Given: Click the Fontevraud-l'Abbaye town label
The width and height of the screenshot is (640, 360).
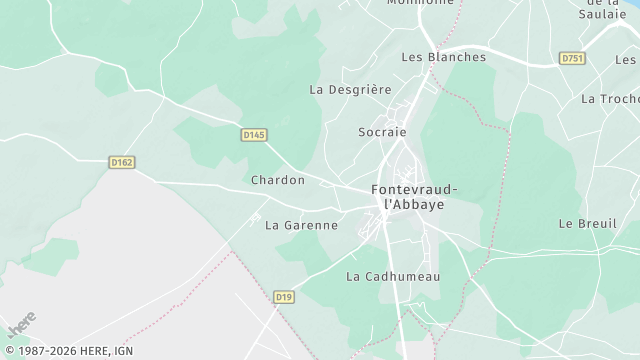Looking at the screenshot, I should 415,196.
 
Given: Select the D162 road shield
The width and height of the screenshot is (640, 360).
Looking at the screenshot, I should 121,160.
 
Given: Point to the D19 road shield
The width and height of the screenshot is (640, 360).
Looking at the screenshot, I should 284,297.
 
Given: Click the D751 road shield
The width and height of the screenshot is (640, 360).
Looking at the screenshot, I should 572,59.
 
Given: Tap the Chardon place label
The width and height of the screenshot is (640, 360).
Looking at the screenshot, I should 277,180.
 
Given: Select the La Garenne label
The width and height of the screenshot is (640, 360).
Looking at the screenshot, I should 301,225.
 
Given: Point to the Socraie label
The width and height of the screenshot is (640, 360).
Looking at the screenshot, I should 382,131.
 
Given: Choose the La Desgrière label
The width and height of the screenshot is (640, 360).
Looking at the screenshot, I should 350,89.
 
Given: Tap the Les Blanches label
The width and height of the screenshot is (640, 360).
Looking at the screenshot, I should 443,57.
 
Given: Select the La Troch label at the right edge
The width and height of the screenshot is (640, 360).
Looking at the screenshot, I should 609,99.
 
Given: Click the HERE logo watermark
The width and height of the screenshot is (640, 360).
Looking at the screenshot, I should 21,326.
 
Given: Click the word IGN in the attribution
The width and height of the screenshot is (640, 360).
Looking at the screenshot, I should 122,352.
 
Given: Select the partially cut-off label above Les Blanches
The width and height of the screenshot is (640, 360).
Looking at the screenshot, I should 420,3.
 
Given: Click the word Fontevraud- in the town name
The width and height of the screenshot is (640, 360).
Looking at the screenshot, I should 415,189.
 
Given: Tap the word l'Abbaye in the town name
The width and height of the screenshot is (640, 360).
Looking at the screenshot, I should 415,204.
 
